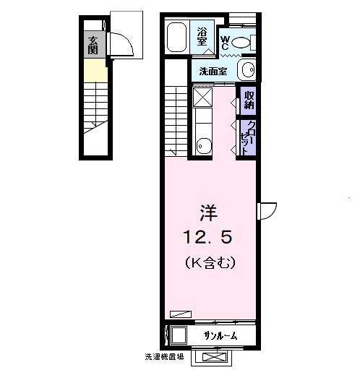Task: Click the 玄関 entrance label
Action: (93, 45)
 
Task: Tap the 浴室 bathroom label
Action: (204, 36)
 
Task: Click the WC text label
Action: (225, 43)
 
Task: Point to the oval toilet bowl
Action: (241, 43)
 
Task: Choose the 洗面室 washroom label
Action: (213, 71)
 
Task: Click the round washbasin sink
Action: (247, 71)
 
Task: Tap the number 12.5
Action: (208, 236)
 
